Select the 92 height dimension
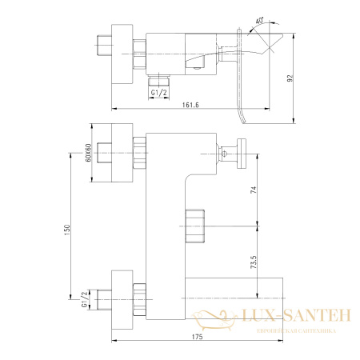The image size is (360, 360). [x=301, y=79]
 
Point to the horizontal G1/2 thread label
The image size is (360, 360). [x=159, y=93]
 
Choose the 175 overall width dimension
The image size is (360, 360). [x=198, y=337]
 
